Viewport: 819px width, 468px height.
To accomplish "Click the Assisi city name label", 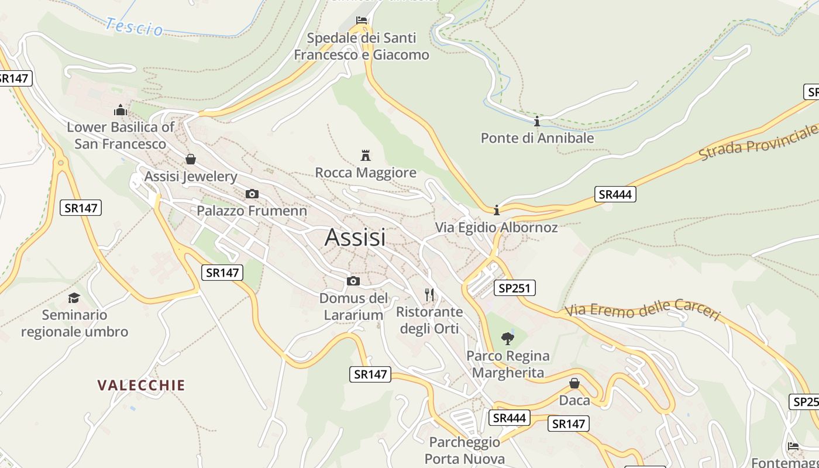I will pyautogui.click(x=355, y=237).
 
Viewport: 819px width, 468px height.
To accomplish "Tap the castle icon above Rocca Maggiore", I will pyautogui.click(x=366, y=156).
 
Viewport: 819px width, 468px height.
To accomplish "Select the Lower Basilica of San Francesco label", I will pyautogui.click(x=120, y=135).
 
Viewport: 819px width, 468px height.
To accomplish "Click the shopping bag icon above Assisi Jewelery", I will pyautogui.click(x=190, y=159).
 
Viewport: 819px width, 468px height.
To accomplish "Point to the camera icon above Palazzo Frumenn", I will pyautogui.click(x=252, y=194).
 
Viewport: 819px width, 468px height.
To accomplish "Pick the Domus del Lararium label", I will pyautogui.click(x=353, y=307).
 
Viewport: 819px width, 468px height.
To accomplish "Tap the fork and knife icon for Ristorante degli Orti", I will pyautogui.click(x=430, y=294).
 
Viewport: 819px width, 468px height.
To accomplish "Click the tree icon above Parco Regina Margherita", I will pyautogui.click(x=508, y=338).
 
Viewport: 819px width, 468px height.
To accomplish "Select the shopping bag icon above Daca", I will pyautogui.click(x=574, y=383).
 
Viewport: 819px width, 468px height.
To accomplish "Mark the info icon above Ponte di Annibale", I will pyautogui.click(x=537, y=121).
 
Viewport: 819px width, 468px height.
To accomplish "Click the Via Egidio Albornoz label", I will pyautogui.click(x=496, y=228).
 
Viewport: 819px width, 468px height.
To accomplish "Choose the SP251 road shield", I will pyautogui.click(x=514, y=288).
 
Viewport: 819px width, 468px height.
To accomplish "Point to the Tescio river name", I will pyautogui.click(x=135, y=27).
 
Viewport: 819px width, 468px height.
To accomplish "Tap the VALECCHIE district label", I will pyautogui.click(x=141, y=385).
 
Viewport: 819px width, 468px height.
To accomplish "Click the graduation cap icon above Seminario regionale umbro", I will pyautogui.click(x=74, y=298).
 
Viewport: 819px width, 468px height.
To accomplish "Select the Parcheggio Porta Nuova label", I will pyautogui.click(x=464, y=450).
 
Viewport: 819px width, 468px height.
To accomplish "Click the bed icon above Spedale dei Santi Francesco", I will pyautogui.click(x=362, y=21).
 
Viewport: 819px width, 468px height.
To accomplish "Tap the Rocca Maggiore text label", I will pyautogui.click(x=366, y=173).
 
